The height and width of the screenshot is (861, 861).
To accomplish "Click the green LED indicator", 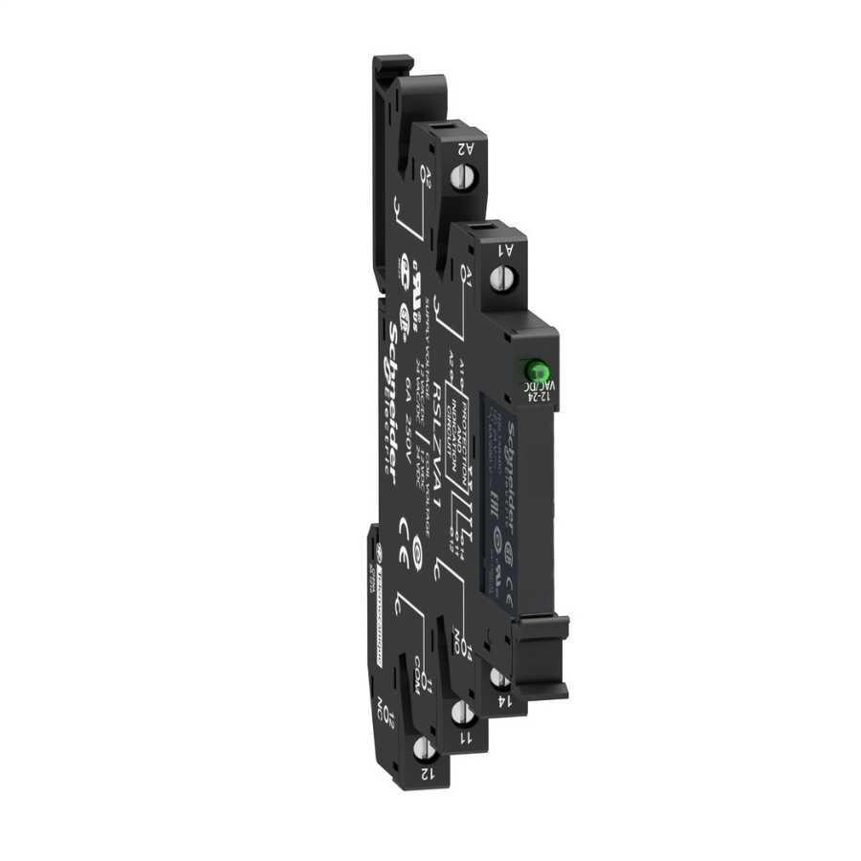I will tap(534, 369).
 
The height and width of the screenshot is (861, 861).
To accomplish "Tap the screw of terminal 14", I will tap(498, 675).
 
